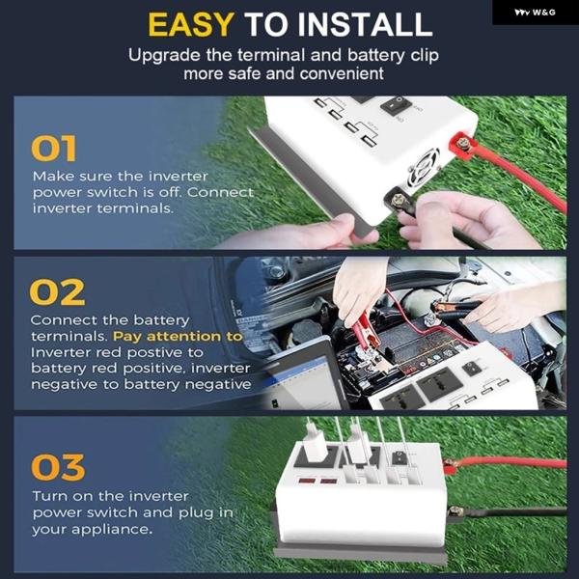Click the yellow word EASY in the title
pos(191,25)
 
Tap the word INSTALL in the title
pos(365,25)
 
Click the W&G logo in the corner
pos(535,13)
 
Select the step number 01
pos(54,149)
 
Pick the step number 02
pos(57,292)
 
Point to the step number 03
pos(58,467)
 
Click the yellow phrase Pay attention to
pos(178,337)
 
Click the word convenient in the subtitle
pos(342,74)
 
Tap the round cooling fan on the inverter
pos(424,168)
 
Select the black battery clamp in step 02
pos(457,308)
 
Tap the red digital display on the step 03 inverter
pos(317,482)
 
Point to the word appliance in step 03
pos(112,530)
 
